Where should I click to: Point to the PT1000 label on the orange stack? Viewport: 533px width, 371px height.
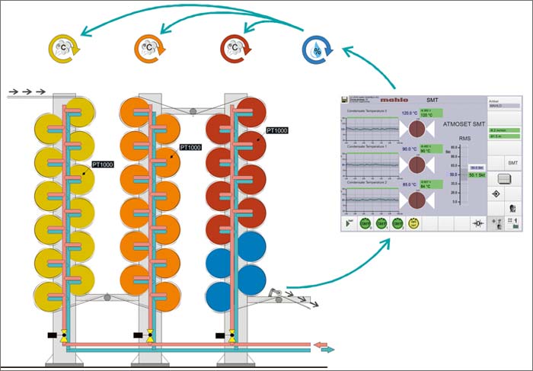click(190, 147)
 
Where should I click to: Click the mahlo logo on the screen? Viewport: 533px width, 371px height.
click(394, 101)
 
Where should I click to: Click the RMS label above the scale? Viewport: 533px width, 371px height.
click(455, 139)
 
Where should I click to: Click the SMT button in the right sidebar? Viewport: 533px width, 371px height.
click(513, 163)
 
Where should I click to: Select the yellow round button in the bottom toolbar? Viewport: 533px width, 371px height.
click(414, 224)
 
